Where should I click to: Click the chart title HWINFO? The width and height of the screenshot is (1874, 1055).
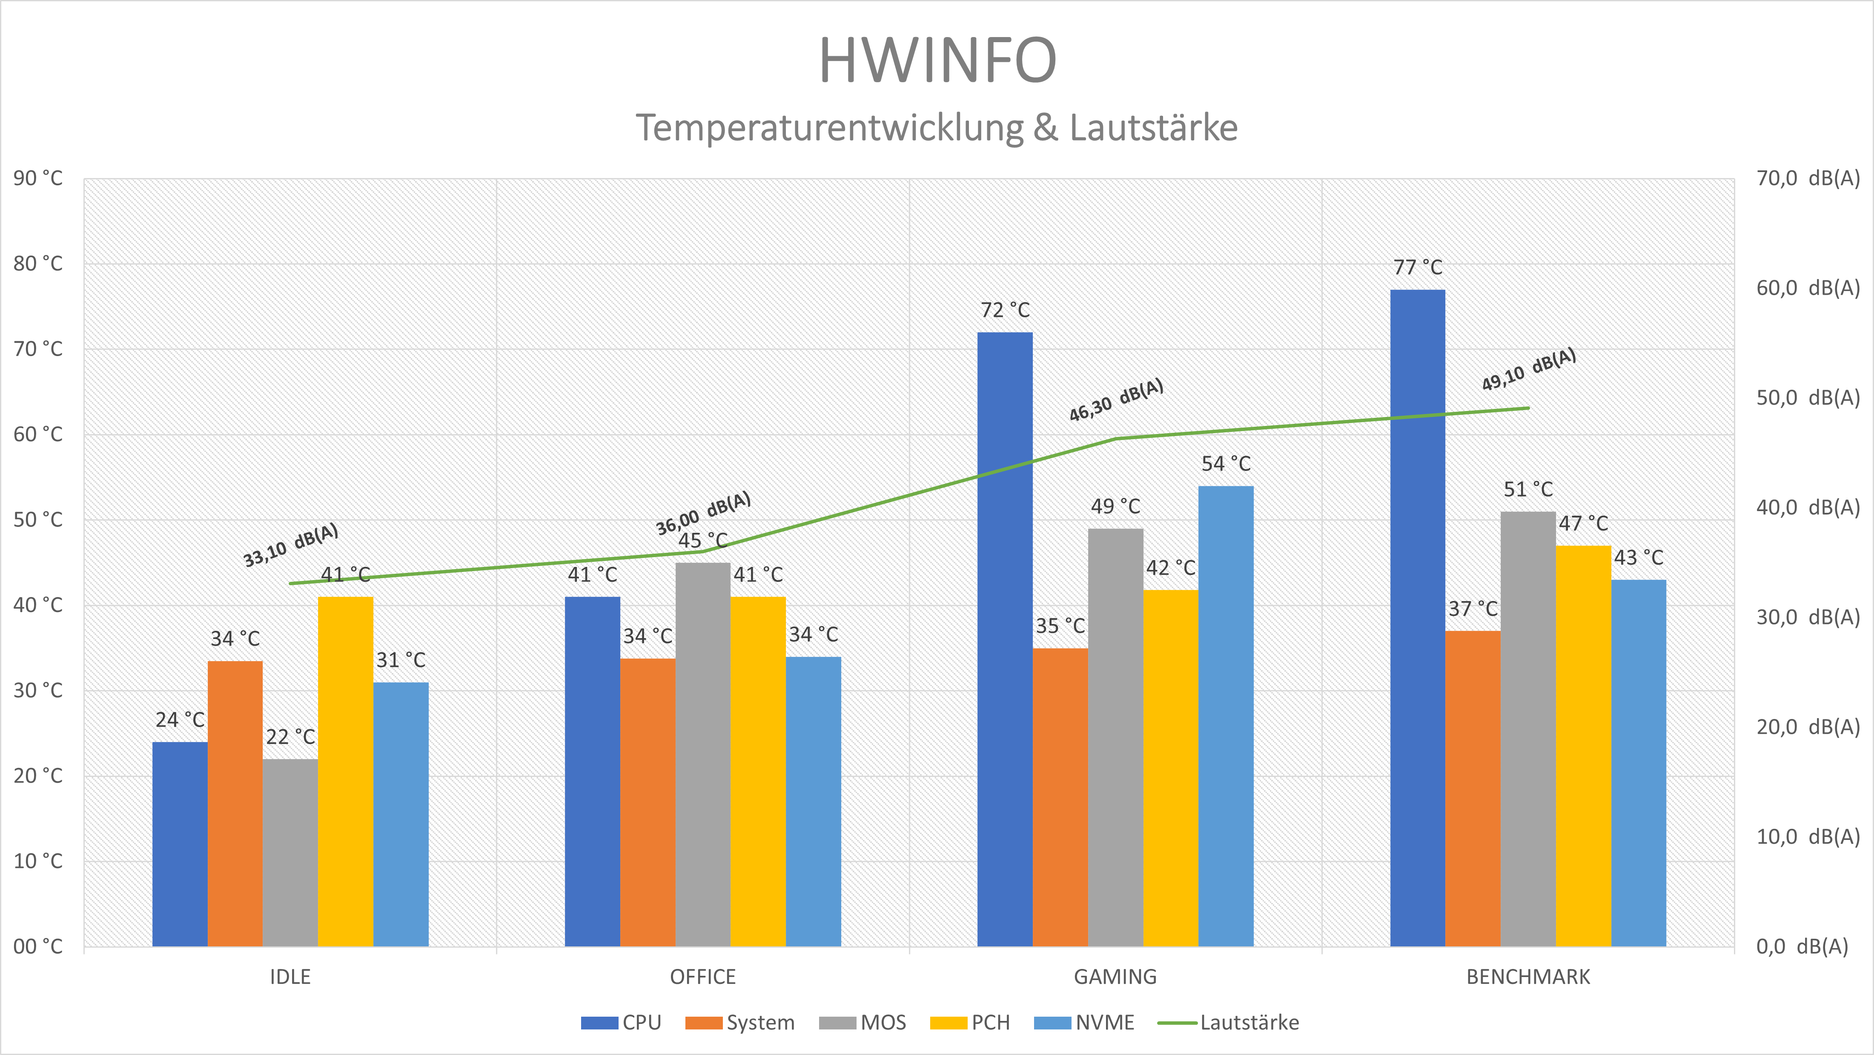click(937, 60)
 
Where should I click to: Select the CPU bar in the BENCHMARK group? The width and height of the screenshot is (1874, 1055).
click(1417, 618)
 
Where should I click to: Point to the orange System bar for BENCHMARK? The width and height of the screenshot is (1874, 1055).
click(1473, 789)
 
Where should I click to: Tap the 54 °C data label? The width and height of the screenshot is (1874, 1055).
click(1226, 463)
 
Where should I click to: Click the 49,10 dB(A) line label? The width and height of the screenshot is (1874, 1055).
click(1528, 370)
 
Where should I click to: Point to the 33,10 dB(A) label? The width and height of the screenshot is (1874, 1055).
click(290, 545)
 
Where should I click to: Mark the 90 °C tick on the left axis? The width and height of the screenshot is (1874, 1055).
click(38, 178)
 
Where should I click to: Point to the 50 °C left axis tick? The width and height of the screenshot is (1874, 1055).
click(38, 520)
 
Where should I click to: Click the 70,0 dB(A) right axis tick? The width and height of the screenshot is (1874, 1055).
click(1808, 178)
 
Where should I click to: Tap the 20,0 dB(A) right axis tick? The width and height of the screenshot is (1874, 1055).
click(1808, 727)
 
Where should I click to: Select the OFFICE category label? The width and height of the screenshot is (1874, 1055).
click(703, 977)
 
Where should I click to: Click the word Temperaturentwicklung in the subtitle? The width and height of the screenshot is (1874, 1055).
click(829, 128)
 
